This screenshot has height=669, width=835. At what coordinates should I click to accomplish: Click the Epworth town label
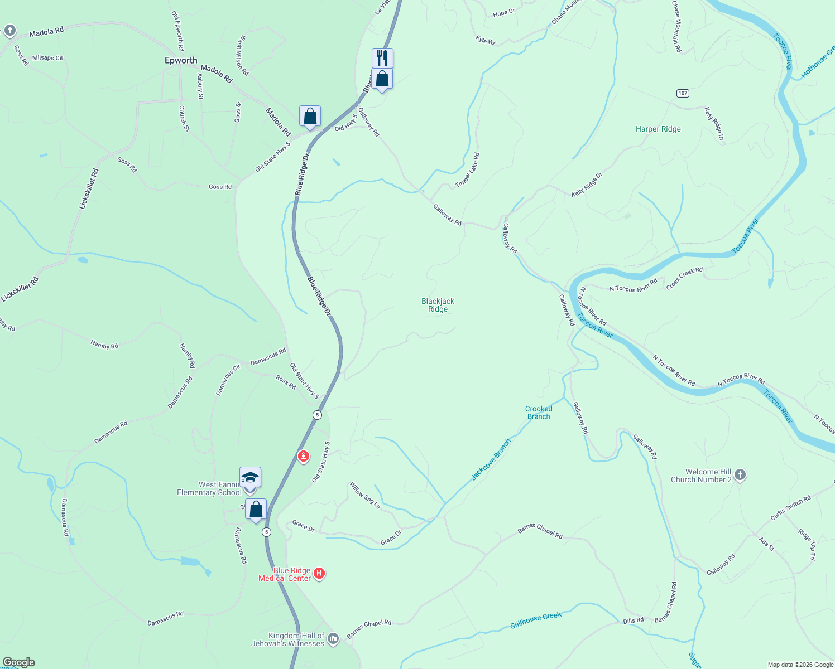[x=181, y=60]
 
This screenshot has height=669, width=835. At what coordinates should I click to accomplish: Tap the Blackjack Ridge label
[x=438, y=305]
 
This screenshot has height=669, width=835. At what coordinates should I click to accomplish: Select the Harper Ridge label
[x=658, y=129]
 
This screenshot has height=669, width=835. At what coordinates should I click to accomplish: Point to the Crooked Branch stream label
[x=539, y=413]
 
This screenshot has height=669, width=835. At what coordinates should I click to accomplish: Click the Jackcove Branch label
[x=491, y=459]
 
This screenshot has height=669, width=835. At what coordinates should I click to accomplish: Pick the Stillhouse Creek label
[x=536, y=620]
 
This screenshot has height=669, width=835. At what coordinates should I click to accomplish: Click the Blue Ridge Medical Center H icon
[x=319, y=573]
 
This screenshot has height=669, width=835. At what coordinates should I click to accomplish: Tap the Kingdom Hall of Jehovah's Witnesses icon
[x=333, y=638]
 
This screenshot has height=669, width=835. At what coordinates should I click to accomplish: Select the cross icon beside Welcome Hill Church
[x=740, y=475]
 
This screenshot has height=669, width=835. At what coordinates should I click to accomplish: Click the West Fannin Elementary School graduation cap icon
[x=250, y=478]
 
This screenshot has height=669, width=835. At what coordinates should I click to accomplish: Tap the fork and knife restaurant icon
[x=382, y=57]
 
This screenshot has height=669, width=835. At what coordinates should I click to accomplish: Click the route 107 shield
[x=683, y=93]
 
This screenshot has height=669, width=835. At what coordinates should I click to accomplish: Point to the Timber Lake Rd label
[x=467, y=171]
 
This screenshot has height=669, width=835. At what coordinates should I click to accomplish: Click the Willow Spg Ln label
[x=365, y=496]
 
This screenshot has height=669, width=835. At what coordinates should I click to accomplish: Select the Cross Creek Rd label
[x=684, y=278]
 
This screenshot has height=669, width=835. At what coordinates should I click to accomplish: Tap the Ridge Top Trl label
[x=807, y=544]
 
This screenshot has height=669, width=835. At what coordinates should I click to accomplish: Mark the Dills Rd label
[x=633, y=620]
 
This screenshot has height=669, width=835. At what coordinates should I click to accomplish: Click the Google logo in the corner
[x=18, y=662]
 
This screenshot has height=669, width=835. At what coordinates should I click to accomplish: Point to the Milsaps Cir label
[x=48, y=58]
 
